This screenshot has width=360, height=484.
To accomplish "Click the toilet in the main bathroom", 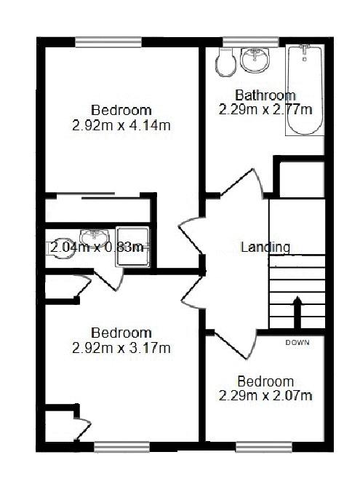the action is point(225,62).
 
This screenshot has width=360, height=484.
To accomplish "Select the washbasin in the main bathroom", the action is point(255,60).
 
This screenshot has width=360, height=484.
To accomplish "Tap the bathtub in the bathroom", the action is point(305,90).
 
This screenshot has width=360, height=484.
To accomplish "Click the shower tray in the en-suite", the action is point(133,247).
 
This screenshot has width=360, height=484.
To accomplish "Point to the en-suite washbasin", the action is point(95,237).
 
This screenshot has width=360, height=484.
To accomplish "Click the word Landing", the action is point(265,247).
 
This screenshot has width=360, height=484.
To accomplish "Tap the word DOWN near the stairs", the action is point(297,342).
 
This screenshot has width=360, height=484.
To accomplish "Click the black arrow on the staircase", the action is point(297,312).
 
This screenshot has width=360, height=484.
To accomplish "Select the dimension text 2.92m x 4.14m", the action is point(121,126).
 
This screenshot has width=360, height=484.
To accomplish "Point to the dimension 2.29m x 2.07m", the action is point(265,395).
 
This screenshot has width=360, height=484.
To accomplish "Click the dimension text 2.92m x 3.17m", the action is point(121,348).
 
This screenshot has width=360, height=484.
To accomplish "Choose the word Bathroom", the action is point(265,95).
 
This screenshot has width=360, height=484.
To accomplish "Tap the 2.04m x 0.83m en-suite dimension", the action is point(97,247).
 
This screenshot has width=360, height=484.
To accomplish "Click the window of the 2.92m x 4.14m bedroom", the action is point(108,42).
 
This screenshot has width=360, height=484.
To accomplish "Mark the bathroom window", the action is point(251,42).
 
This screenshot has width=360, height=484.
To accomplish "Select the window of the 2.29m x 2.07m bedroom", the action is point(264,448).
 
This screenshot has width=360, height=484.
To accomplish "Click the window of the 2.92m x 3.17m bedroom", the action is point(122,448).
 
